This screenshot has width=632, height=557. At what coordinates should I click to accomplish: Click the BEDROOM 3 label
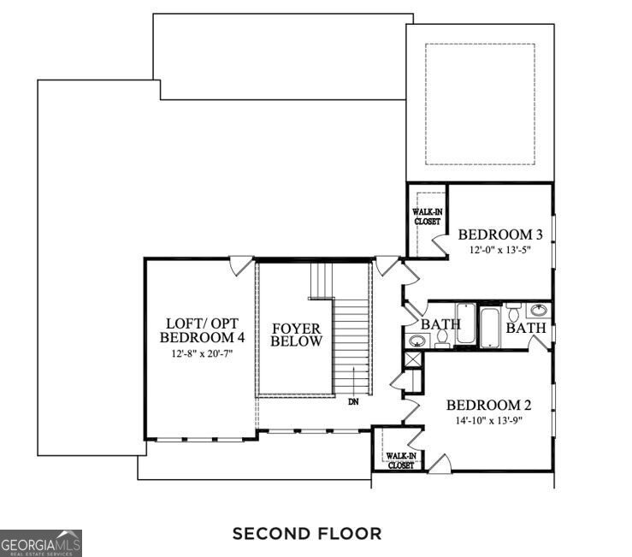[501, 234]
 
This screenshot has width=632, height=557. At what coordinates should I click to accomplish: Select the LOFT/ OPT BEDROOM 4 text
[203, 330]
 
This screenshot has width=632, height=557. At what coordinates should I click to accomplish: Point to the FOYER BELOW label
[297, 335]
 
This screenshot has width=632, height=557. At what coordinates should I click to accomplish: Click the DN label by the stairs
[352, 400]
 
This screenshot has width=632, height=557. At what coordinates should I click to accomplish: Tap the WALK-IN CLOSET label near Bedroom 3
[427, 216]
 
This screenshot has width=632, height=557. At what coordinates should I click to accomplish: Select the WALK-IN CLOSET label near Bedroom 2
[400, 460]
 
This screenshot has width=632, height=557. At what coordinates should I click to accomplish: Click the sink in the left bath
[416, 341]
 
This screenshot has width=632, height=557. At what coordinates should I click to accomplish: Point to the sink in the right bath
[539, 311]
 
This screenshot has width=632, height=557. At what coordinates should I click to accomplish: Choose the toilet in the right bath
[514, 308]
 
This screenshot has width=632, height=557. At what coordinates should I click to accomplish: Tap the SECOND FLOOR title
[307, 534]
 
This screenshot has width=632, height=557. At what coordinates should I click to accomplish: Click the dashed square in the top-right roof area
[481, 103]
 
